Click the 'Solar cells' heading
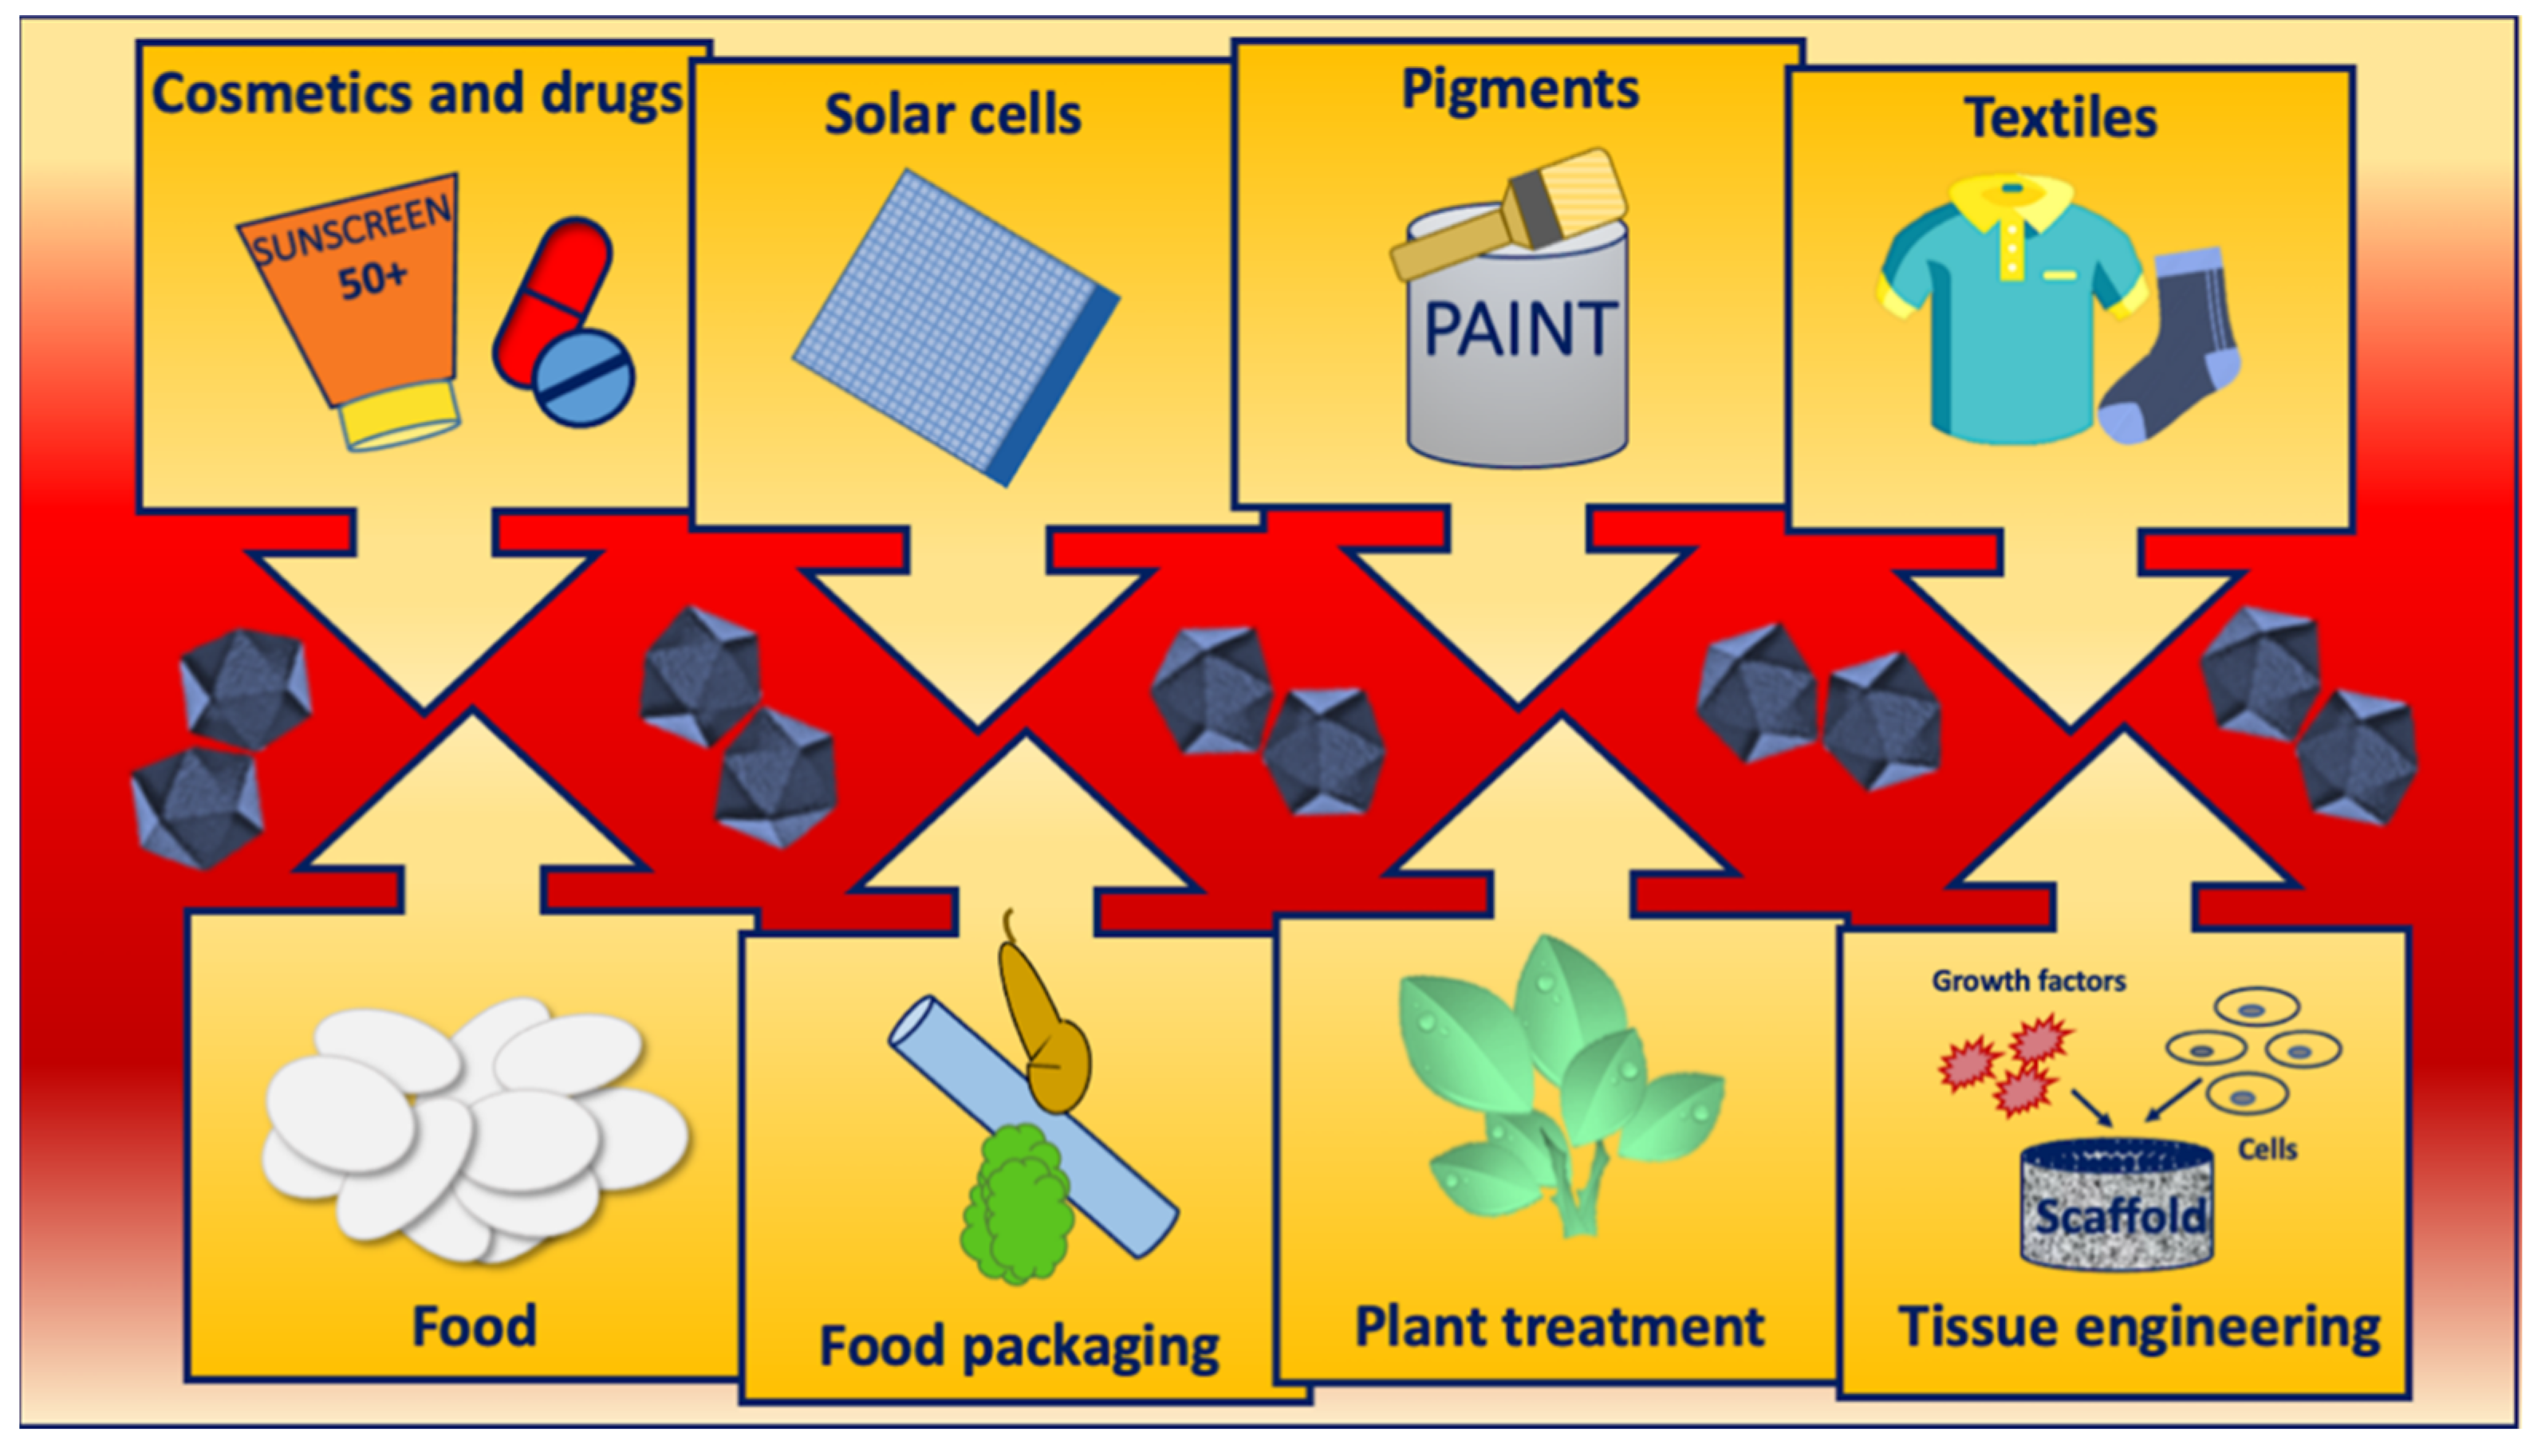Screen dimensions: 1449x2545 pyautogui.click(x=952, y=115)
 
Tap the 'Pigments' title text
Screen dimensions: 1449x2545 pyautogui.click(x=1520, y=89)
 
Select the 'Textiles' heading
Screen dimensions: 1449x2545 pyautogui.click(x=2060, y=119)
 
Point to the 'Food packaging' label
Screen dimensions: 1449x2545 pyautogui.click(x=1018, y=1346)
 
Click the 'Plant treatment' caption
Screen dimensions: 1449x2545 pyautogui.click(x=1560, y=1327)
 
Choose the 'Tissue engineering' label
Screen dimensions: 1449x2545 pyautogui.click(x=2139, y=1328)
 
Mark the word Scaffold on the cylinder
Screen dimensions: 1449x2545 pyautogui.click(x=2119, y=1216)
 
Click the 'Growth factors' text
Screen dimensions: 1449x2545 pyautogui.click(x=2028, y=981)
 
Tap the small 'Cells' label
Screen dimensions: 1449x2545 pyautogui.click(x=2267, y=1149)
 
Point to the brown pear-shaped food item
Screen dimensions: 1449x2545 pyautogui.click(x=1045, y=1035)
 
